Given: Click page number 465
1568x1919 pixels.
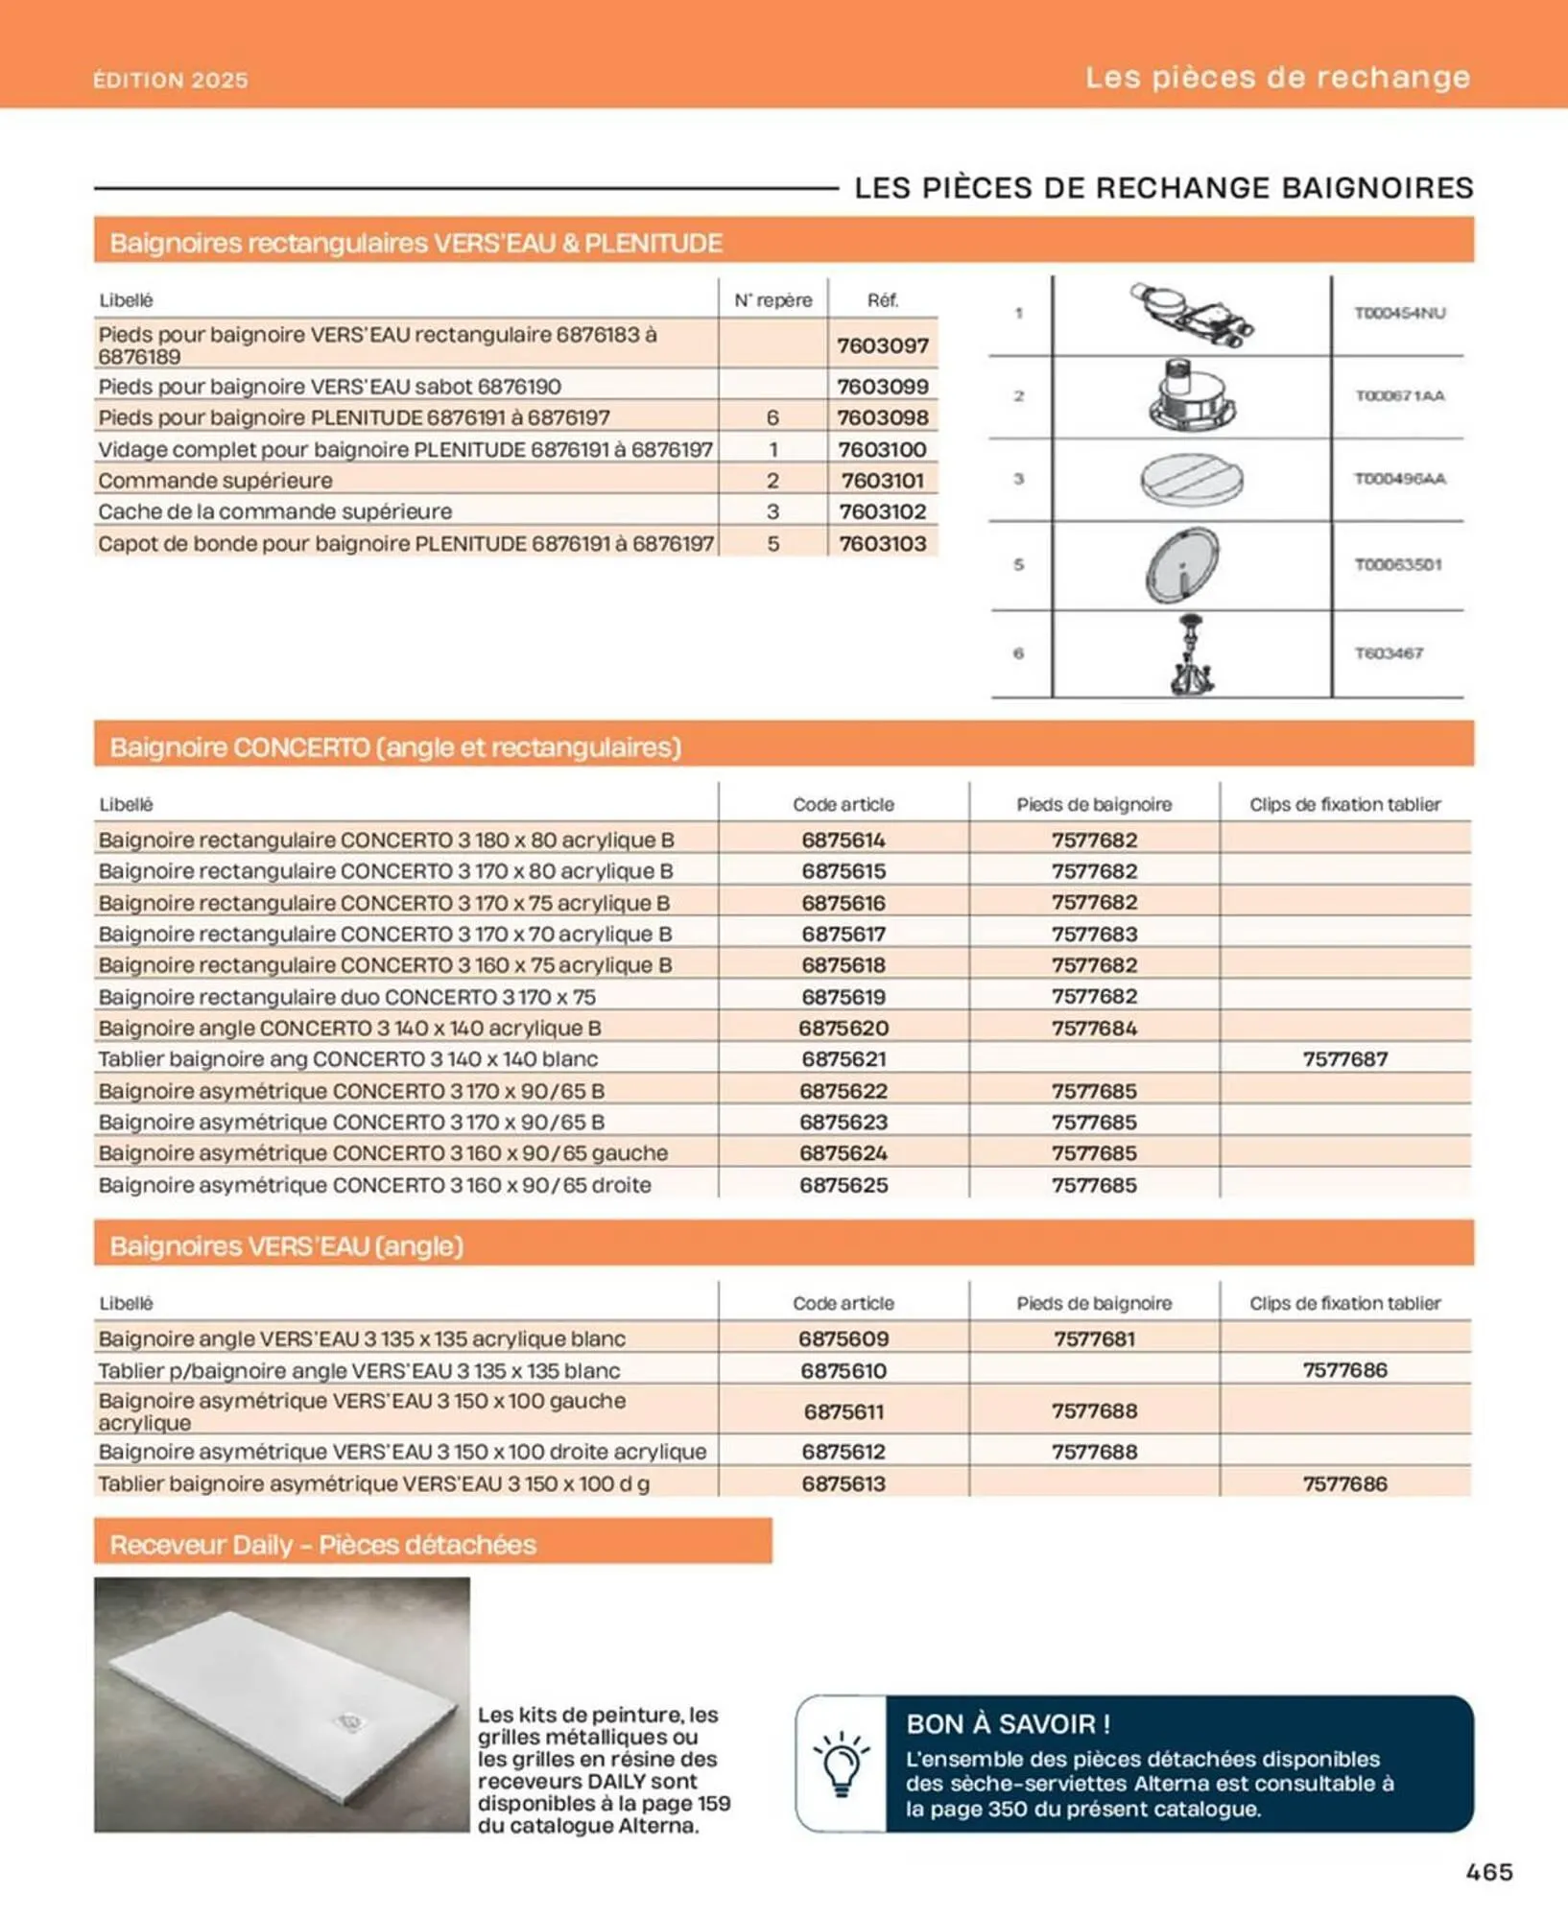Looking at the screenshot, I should tap(1488, 1871).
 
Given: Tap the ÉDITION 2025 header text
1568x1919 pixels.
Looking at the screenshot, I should tap(171, 80).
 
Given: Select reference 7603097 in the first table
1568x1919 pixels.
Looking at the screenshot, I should tap(882, 345).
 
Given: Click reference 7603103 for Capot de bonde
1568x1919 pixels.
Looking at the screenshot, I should tap(882, 543).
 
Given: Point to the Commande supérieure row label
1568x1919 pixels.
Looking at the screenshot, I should tap(215, 480).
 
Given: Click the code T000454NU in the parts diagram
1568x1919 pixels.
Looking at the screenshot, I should tap(1399, 313).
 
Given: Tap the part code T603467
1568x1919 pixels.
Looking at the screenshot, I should tap(1389, 653).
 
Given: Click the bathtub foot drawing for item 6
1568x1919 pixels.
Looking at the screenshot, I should tap(1192, 654).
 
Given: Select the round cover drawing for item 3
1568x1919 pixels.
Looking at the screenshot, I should tap(1192, 479).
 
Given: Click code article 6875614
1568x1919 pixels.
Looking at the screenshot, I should tap(843, 840).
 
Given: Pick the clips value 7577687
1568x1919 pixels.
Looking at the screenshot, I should tap(1344, 1059).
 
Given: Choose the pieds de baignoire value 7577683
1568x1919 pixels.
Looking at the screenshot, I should tap(1094, 934).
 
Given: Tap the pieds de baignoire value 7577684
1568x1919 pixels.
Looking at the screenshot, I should tap(1094, 1028).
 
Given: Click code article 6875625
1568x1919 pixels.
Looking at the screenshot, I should tap(843, 1185).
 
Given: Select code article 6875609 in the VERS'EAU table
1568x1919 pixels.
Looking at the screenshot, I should tap(843, 1339).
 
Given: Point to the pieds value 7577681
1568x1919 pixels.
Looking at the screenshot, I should tap(1094, 1339).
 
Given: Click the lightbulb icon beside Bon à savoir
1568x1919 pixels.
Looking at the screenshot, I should tap(841, 1764).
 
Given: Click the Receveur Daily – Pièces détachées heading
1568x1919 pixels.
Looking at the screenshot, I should tap(322, 1545).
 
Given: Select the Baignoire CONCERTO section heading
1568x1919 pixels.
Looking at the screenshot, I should tap(395, 746).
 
